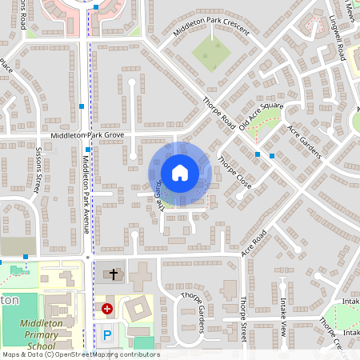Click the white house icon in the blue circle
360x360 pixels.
pyautogui.click(x=180, y=173)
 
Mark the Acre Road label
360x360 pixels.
pyautogui.click(x=254, y=245)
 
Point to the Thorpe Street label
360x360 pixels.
pyautogui.click(x=244, y=320)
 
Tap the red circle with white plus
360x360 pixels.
pyautogui.click(x=107, y=308)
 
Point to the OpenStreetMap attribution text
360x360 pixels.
pyautogui.click(x=81, y=354)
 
